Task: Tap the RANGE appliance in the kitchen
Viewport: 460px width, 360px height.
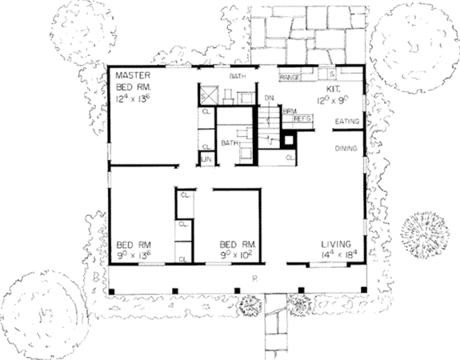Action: coord(290,77)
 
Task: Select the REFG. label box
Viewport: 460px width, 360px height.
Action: coord(302,118)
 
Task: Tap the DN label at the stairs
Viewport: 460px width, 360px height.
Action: coord(269,98)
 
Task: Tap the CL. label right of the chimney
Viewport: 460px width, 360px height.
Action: coord(289,158)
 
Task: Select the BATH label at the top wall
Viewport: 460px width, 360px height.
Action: coord(238,76)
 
